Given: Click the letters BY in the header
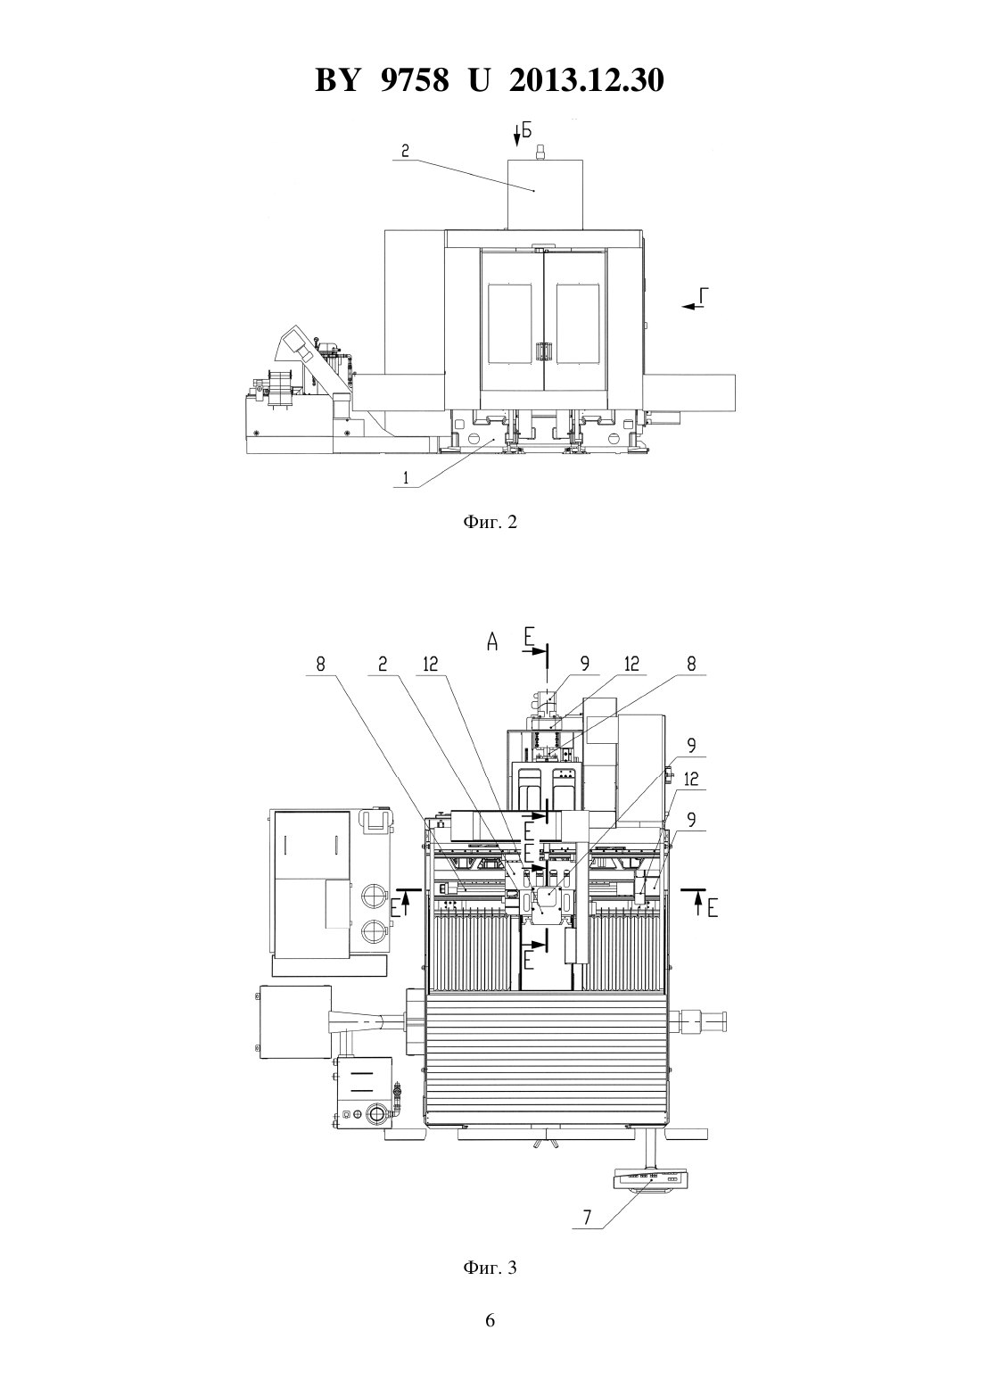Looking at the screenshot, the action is coord(337,80).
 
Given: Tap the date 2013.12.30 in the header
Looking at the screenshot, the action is coord(587,80).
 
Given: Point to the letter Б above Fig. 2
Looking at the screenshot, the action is coord(526,130).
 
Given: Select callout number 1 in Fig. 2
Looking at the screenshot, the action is coord(406,478).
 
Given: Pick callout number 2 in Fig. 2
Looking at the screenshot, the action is coord(404,151).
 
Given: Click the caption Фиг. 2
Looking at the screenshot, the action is coord(490,522).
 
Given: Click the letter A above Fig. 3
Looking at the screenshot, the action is coord(492,642).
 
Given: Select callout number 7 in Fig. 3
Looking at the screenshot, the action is coord(587,1218).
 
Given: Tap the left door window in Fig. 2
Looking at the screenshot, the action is coord(509,324).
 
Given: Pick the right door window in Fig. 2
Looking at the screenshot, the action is coord(577,324).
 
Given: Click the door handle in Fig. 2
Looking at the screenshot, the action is coord(543,352).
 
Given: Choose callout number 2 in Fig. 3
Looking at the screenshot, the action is coord(383,665).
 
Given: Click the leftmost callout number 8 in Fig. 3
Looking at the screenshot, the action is coord(320,665).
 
